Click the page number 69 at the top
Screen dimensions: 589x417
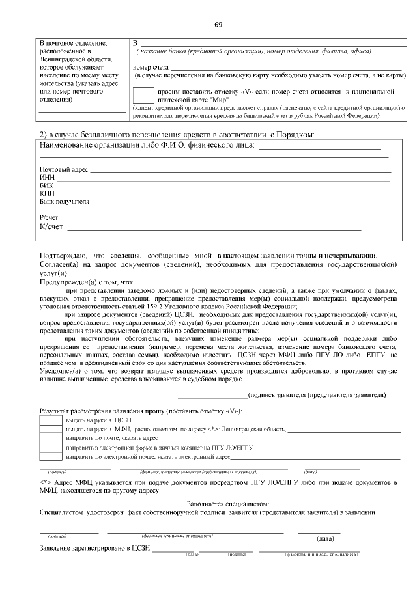[218, 25]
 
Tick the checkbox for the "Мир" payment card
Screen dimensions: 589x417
[143, 96]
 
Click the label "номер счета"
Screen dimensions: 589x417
[151, 67]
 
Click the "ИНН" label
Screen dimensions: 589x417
[47, 177]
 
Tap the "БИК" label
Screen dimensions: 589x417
[47, 185]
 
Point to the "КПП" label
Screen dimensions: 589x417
[48, 193]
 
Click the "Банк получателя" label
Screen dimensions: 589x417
[65, 202]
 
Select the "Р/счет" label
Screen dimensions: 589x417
[50, 217]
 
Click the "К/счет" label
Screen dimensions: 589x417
[51, 226]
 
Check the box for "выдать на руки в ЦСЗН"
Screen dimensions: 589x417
[50, 421]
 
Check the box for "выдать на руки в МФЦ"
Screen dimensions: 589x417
[50, 430]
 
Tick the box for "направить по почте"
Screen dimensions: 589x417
[50, 439]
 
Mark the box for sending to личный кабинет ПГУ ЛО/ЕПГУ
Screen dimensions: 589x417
[50, 448]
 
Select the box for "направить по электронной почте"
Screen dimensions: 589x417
[50, 458]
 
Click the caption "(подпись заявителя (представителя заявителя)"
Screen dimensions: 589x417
[317, 394]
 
